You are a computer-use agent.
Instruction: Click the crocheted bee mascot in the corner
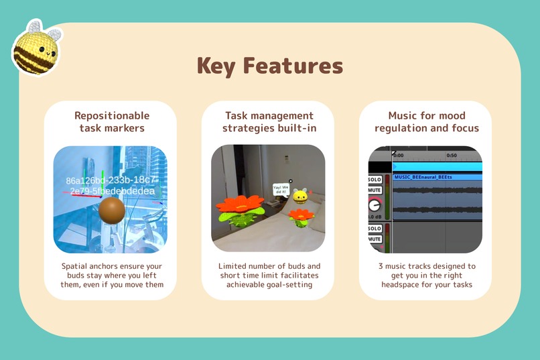pos(36,46)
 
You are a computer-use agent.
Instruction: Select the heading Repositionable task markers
pos(112,122)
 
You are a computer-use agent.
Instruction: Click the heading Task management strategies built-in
pos(269,122)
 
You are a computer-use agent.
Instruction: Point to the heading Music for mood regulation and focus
pos(427,122)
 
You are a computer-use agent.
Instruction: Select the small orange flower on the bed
pos(301,216)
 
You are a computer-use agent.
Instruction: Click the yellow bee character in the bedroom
pos(301,196)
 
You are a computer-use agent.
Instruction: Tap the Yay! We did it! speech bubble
pos(280,190)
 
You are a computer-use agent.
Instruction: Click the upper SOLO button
pos(375,180)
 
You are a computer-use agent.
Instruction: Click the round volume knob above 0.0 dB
pos(375,205)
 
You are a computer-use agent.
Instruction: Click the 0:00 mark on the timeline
pos(399,155)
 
